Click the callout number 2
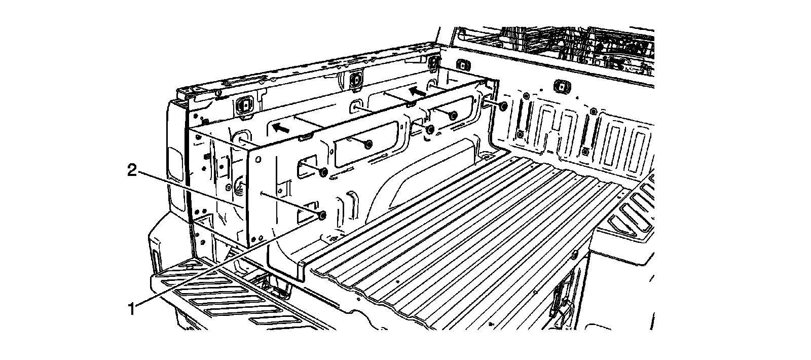click(132, 171)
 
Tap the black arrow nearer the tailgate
click(280, 127)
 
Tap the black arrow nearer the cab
click(418, 92)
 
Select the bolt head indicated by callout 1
click(322, 217)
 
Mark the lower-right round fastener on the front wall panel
click(585, 151)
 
